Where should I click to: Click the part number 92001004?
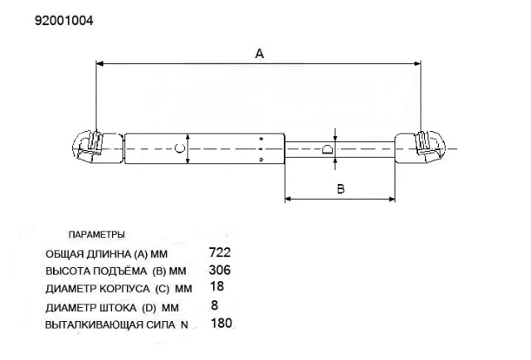click(64, 21)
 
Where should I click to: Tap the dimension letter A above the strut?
click(260, 54)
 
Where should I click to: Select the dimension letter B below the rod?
click(341, 188)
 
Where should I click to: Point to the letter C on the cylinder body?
click(179, 148)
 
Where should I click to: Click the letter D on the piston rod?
click(327, 149)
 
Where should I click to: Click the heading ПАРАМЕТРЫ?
click(96, 235)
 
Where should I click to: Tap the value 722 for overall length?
click(220, 252)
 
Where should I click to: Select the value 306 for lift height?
click(220, 270)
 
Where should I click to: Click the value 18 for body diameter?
click(217, 286)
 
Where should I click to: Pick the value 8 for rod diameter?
click(214, 305)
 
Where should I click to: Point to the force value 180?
click(222, 323)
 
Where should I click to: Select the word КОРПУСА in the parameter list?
click(124, 289)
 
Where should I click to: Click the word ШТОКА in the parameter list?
click(118, 308)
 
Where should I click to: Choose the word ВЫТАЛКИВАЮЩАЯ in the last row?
click(95, 325)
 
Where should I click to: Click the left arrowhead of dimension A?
click(100, 63)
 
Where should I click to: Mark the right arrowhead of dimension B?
click(392, 199)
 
